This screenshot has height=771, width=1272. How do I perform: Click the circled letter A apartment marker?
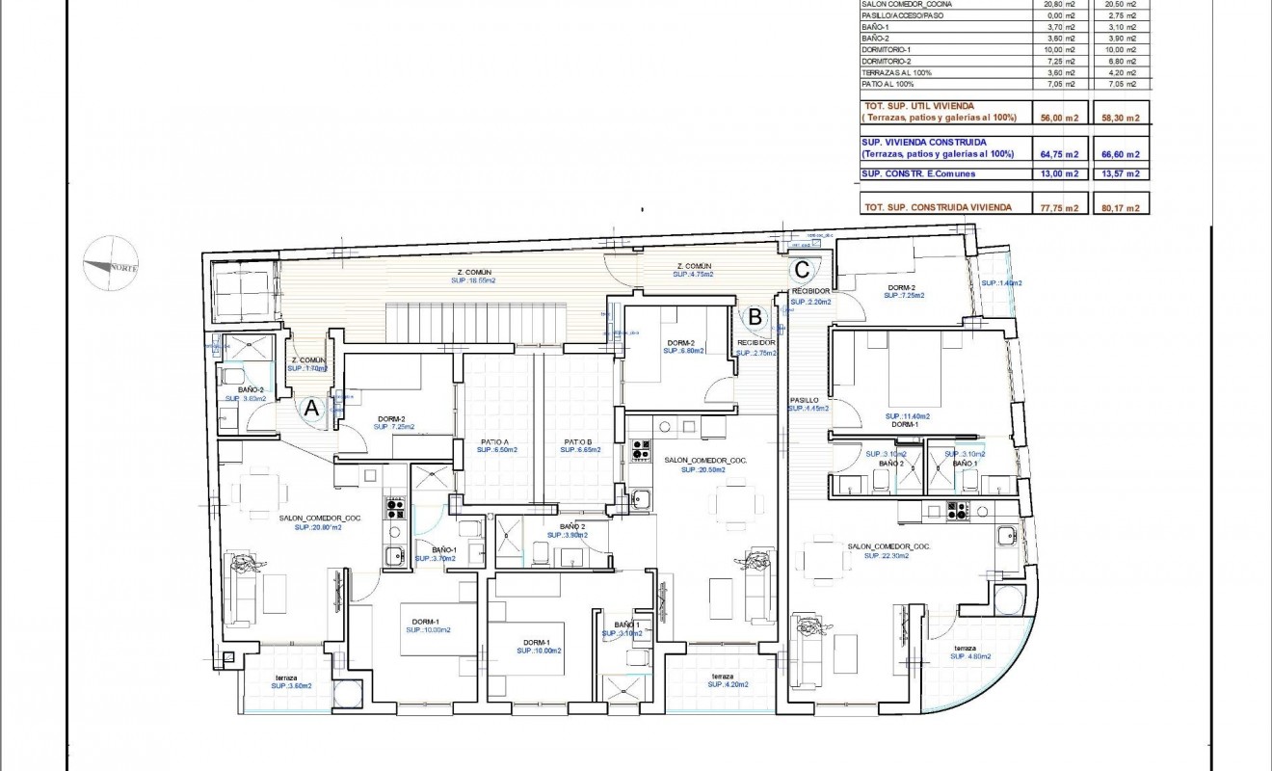tap(310, 409)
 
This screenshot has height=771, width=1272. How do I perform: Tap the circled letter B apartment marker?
tap(755, 315)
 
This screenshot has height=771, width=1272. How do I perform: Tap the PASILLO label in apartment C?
tap(804, 400)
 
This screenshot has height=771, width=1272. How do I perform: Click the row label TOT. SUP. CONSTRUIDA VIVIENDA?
tap(929, 207)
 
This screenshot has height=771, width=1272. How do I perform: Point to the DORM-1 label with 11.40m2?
tap(903, 420)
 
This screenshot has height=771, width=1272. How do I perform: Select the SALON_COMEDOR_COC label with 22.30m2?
tap(888, 552)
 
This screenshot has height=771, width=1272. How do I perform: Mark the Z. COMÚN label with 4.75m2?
tap(694, 270)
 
